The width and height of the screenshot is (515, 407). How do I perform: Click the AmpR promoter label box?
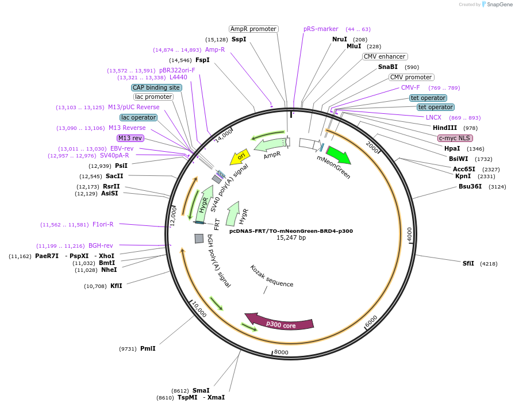coord(253,29)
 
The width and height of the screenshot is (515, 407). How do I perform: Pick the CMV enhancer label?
coord(385,56)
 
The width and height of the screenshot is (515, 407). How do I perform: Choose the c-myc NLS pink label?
coord(455,138)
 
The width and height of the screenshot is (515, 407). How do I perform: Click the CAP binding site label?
coord(156,87)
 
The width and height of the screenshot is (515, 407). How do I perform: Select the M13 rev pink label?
coord(130,138)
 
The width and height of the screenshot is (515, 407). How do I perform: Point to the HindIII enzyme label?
coord(445,128)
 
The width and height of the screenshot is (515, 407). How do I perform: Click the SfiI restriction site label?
coord(468,263)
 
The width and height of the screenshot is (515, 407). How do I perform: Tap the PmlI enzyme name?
coord(148,348)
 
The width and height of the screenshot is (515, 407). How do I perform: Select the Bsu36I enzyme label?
coord(470,186)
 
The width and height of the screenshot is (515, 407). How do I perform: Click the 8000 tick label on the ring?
coord(281,352)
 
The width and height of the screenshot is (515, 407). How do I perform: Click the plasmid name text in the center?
coord(291,231)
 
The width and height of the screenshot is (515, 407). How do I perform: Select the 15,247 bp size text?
coord(291,237)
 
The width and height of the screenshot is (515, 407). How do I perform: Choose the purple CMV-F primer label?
coord(410,87)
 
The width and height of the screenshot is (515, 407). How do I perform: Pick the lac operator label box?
coord(139,117)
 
